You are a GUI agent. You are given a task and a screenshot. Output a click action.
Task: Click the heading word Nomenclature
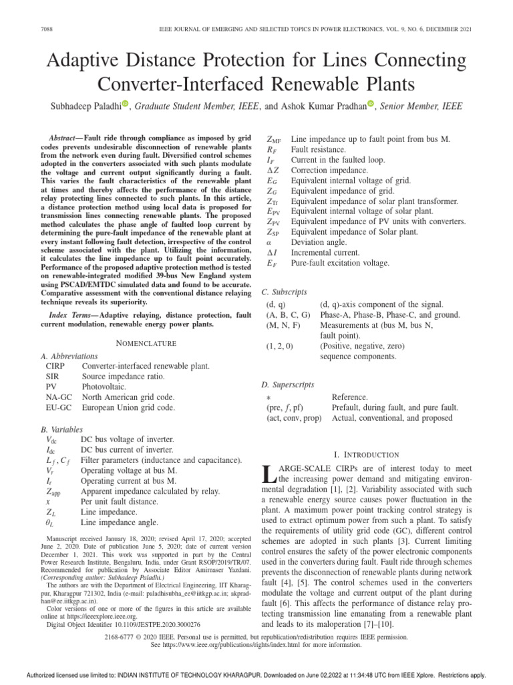click(146, 343)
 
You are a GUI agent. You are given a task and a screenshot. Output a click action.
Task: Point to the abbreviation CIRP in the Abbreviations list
click(57, 366)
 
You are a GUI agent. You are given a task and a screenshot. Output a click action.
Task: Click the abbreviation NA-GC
click(60, 396)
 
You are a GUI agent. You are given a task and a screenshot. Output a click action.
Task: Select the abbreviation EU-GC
click(60, 407)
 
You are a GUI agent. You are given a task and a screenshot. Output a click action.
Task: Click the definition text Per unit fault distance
click(124, 482)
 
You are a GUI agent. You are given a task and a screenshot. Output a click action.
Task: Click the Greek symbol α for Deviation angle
click(269, 243)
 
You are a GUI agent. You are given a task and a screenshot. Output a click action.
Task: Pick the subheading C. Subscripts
click(285, 292)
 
